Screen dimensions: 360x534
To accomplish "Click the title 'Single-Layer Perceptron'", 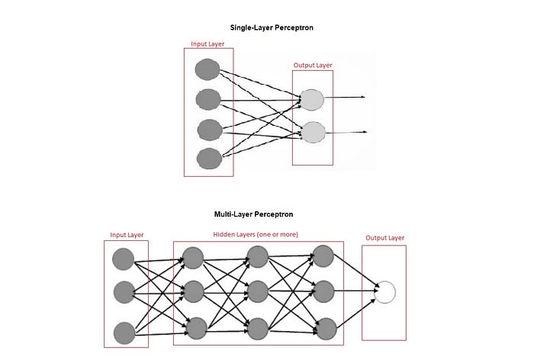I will pos(267,27).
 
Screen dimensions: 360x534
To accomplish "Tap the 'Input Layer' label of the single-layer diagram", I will pos(208,44).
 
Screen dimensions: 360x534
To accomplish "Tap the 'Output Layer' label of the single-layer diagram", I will pos(313,65).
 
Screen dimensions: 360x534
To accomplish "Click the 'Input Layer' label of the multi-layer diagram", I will pos(127,235).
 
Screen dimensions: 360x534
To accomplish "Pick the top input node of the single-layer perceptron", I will pos(207,70).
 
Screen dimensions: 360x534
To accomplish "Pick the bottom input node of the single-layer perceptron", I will pos(207,158).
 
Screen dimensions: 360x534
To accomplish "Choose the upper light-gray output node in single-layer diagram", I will pos(313,98).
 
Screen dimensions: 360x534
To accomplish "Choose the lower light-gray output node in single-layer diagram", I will pos(313,132).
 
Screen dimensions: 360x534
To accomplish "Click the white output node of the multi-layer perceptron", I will pos(386,291).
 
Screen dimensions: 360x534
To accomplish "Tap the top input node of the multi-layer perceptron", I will pos(124,258).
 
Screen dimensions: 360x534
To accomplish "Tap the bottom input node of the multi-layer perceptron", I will pos(124,332).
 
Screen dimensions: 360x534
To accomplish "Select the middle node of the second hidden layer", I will pos(258,291).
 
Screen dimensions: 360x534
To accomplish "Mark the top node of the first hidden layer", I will pos(193,258).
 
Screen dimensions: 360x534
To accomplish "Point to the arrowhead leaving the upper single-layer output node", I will pos(365,98).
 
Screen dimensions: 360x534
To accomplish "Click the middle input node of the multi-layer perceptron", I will pos(124,291).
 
